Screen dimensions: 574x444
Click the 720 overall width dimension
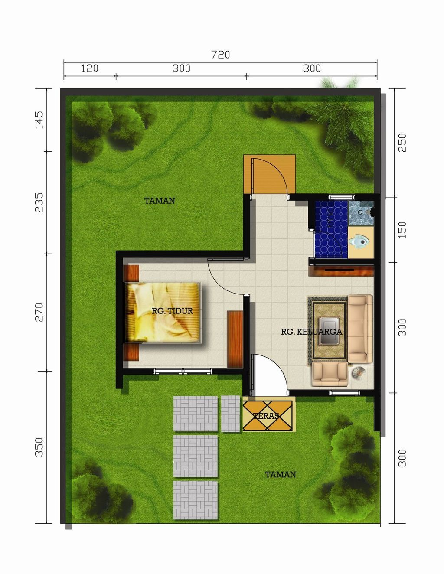pos(220,55)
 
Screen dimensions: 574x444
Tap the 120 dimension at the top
pos(90,68)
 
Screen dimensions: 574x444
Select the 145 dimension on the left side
pos(39,120)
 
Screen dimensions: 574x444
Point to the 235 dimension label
pos(39,202)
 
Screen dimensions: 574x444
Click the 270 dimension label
pos(39,312)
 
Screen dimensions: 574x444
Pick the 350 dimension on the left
pos(39,447)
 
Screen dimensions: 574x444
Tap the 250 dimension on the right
pos(402,142)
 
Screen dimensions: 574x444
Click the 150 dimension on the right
pos(402,230)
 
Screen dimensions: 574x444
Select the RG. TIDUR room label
pos(172,311)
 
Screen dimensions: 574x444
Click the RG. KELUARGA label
pos(311,332)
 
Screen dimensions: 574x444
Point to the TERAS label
pos(266,416)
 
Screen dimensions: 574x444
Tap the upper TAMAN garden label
pos(160,201)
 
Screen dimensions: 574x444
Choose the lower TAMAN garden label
pos(281,475)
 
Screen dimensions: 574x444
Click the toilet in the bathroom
pos(359,241)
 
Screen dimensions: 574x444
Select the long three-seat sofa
pos(360,329)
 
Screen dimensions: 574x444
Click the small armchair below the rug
pos(330,374)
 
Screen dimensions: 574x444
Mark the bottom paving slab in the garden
pos(196,499)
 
